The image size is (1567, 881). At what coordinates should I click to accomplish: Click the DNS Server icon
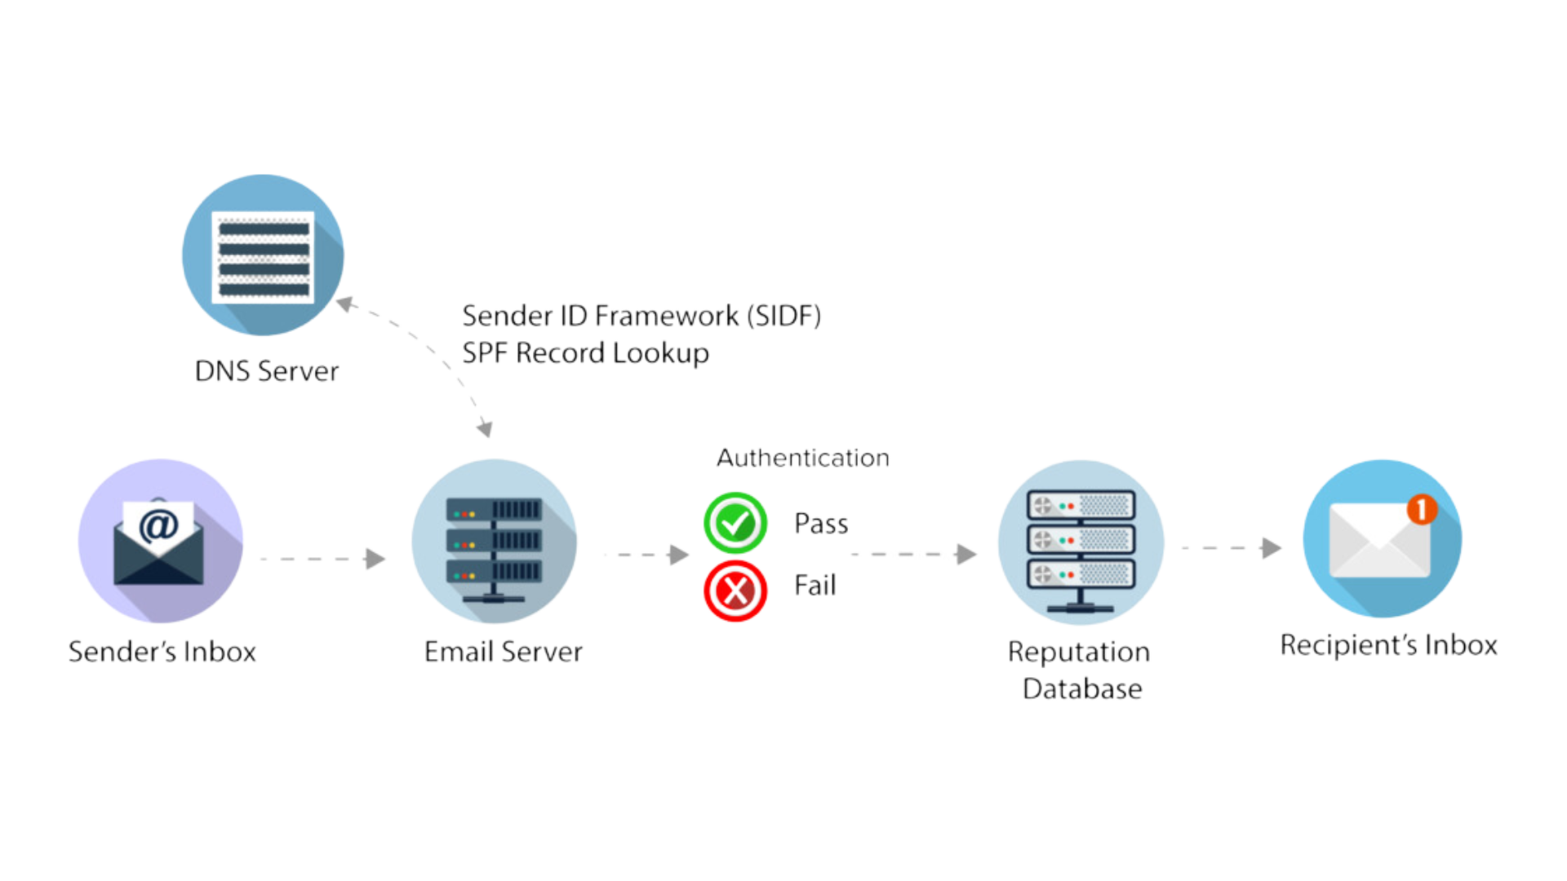point(263,255)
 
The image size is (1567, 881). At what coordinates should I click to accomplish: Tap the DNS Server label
point(267,371)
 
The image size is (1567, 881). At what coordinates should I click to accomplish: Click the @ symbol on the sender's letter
point(158,526)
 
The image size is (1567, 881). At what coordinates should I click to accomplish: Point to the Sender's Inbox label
point(162,652)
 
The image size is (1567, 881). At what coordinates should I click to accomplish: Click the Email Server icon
point(494,542)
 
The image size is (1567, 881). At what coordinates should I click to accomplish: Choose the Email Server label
point(504,652)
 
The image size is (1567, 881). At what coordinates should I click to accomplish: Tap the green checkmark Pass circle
point(735,523)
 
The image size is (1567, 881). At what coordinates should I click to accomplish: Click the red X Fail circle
point(735,590)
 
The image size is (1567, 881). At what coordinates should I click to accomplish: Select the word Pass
point(821,524)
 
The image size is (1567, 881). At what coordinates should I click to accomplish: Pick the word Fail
point(815,586)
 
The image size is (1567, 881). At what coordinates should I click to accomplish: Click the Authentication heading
point(803,458)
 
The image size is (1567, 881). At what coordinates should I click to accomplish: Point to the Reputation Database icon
point(1081,542)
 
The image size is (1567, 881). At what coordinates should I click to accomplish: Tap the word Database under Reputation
point(1082,689)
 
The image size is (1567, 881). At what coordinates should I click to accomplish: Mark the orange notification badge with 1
point(1422,510)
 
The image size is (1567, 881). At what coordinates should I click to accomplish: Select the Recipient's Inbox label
point(1388,645)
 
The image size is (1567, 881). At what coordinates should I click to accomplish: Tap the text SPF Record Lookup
point(585,353)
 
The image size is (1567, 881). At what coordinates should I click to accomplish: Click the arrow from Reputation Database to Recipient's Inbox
point(1232,548)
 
